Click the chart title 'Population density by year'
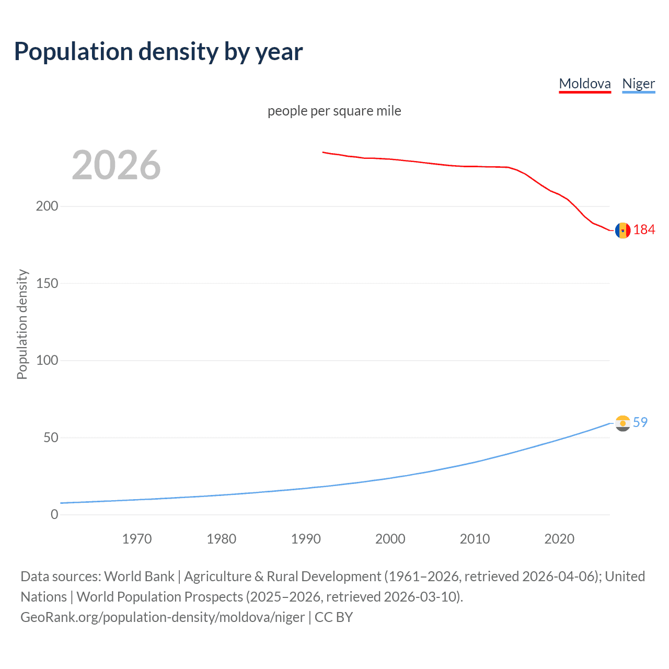coord(158,52)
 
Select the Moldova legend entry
coord(584,84)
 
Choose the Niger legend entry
coord(638,84)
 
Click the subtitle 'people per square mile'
coord(334,111)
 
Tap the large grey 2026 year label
coord(116,165)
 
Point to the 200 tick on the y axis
coord(47,206)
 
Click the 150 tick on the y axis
coord(47,283)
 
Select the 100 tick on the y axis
coord(47,360)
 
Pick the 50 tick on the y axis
coord(51,437)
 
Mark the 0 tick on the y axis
coord(54,514)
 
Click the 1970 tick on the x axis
coord(137,539)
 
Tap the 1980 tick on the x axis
coord(221,539)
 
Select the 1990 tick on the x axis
coord(306,539)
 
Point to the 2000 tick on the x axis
coord(390,539)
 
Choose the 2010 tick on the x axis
coord(475,539)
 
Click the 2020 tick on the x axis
coord(559,539)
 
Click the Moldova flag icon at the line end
coord(622,230)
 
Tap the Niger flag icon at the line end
coord(622,423)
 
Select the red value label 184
coord(644,230)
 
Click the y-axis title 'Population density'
coord(22,324)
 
